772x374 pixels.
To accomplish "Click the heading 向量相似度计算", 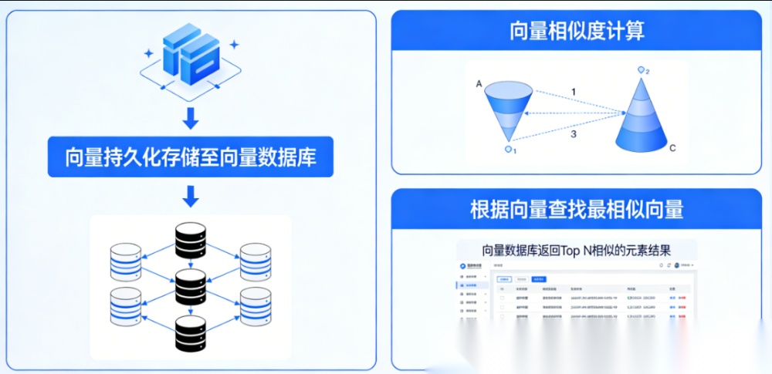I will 577,31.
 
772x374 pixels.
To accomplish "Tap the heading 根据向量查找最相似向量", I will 577,209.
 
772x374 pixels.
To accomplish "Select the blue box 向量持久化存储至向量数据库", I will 191,157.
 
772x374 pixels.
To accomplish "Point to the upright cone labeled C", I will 641,116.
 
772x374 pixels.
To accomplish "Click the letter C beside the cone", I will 672,147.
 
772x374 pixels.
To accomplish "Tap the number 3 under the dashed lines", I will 573,134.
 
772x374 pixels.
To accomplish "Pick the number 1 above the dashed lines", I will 573,92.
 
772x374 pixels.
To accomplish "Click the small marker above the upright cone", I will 641,71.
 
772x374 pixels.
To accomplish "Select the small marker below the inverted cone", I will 508,149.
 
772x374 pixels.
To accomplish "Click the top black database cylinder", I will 191,241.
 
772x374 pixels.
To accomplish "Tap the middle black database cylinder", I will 191,286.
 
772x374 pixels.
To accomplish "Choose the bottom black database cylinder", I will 191,332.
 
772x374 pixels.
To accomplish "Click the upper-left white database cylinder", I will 126,262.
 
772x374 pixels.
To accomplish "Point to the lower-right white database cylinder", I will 256,306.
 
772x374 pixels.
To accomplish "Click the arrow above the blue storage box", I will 191,119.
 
